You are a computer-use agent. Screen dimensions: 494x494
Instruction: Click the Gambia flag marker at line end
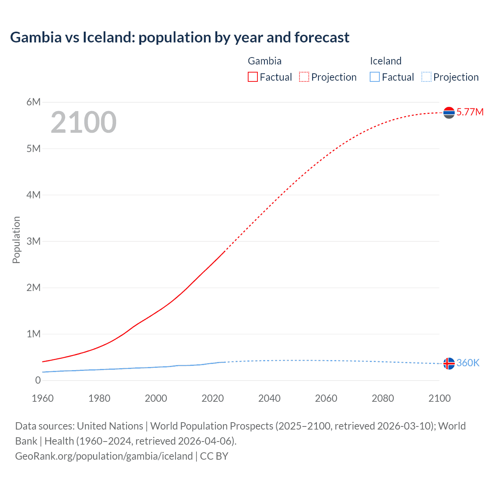[449, 113]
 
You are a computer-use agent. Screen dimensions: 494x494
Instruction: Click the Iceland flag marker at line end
[449, 364]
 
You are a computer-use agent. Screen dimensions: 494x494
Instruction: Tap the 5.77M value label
[470, 112]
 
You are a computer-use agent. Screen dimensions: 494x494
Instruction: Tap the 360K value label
[468, 363]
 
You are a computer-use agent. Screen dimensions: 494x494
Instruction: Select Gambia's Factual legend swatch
[252, 77]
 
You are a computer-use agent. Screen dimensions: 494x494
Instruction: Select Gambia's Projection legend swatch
[304, 77]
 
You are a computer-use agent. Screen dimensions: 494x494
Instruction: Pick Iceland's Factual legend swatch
[375, 77]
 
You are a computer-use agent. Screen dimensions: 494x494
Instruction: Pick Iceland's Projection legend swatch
[426, 77]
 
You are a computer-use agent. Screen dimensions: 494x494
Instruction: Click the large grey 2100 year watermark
[83, 122]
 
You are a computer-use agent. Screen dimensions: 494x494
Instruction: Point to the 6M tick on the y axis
[34, 102]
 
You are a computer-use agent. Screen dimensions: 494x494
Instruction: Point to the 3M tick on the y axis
[34, 242]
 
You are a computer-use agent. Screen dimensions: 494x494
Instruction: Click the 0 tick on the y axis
[38, 381]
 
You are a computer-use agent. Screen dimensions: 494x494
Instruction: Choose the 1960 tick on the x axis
[43, 399]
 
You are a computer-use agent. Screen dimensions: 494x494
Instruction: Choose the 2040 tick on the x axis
[269, 399]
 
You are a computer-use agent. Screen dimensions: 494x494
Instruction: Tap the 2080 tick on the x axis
[383, 399]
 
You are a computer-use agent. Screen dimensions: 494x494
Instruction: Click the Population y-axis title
[16, 240]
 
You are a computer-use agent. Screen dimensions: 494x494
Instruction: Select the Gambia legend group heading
[264, 61]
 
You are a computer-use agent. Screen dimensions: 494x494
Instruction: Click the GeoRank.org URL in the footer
[104, 456]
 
